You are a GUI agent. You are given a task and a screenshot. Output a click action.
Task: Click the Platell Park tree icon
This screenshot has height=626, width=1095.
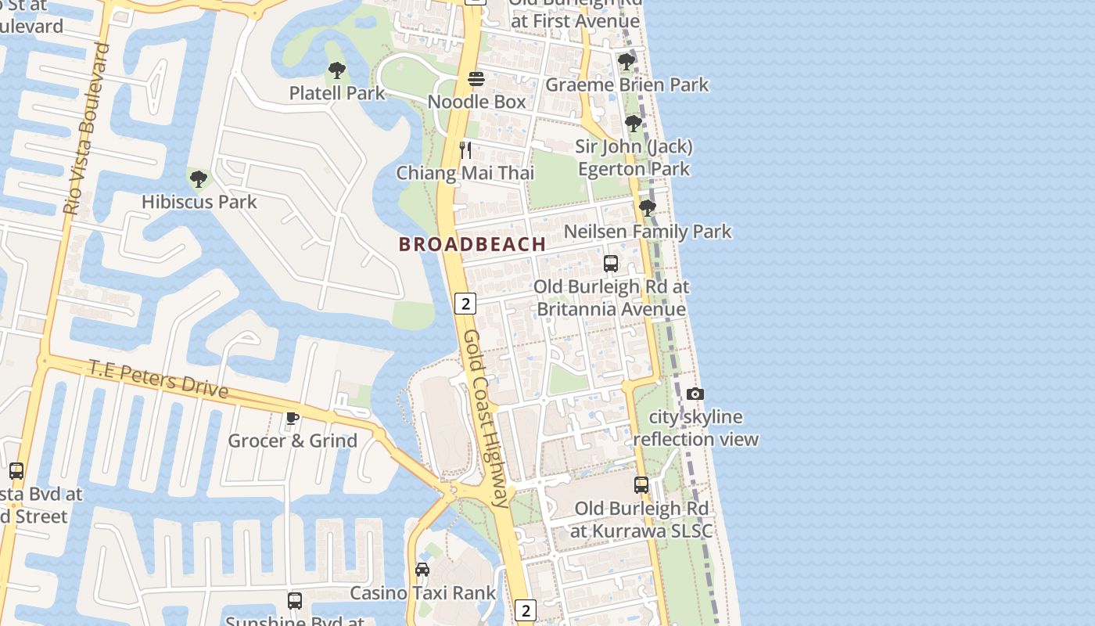(x=337, y=70)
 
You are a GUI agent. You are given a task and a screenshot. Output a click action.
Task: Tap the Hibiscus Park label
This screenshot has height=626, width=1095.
(x=199, y=202)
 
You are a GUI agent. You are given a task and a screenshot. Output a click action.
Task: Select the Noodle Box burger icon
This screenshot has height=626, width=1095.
(x=476, y=78)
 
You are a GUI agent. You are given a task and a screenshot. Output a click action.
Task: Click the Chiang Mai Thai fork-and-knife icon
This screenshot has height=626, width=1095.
(x=465, y=150)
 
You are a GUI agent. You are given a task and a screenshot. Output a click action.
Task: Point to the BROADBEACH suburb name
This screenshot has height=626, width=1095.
(x=472, y=244)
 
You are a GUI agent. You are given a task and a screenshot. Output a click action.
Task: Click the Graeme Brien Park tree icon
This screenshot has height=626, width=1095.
(x=626, y=61)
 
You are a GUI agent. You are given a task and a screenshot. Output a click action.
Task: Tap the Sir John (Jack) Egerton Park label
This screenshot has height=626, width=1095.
(x=634, y=157)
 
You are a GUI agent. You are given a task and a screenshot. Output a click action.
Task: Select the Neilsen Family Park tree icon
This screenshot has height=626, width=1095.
(x=647, y=207)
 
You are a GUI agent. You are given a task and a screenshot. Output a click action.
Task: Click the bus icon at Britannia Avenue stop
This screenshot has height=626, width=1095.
(x=611, y=264)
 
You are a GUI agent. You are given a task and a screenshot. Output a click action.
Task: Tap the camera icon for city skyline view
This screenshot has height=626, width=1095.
(x=695, y=394)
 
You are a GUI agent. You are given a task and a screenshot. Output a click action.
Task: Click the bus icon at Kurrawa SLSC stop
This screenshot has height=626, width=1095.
(x=641, y=485)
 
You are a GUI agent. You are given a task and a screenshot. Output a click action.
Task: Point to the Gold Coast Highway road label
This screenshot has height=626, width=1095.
(x=486, y=419)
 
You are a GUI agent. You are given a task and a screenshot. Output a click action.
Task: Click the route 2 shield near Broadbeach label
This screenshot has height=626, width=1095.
(x=465, y=304)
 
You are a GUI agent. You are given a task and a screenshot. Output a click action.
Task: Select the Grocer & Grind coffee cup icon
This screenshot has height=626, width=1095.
(x=292, y=418)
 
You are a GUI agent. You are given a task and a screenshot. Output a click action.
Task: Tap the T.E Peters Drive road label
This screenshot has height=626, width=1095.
(x=158, y=379)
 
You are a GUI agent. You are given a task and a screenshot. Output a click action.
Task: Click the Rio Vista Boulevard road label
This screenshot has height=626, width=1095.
(x=86, y=129)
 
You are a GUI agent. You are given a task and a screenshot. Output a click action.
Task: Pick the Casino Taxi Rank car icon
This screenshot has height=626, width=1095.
(x=422, y=569)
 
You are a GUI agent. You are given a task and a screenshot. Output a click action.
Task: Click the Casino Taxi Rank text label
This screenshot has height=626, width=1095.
(x=422, y=593)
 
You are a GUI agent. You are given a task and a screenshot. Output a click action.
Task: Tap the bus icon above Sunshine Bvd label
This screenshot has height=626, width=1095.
(x=295, y=600)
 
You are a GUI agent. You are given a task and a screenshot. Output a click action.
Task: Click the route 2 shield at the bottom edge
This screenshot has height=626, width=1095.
(x=526, y=610)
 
